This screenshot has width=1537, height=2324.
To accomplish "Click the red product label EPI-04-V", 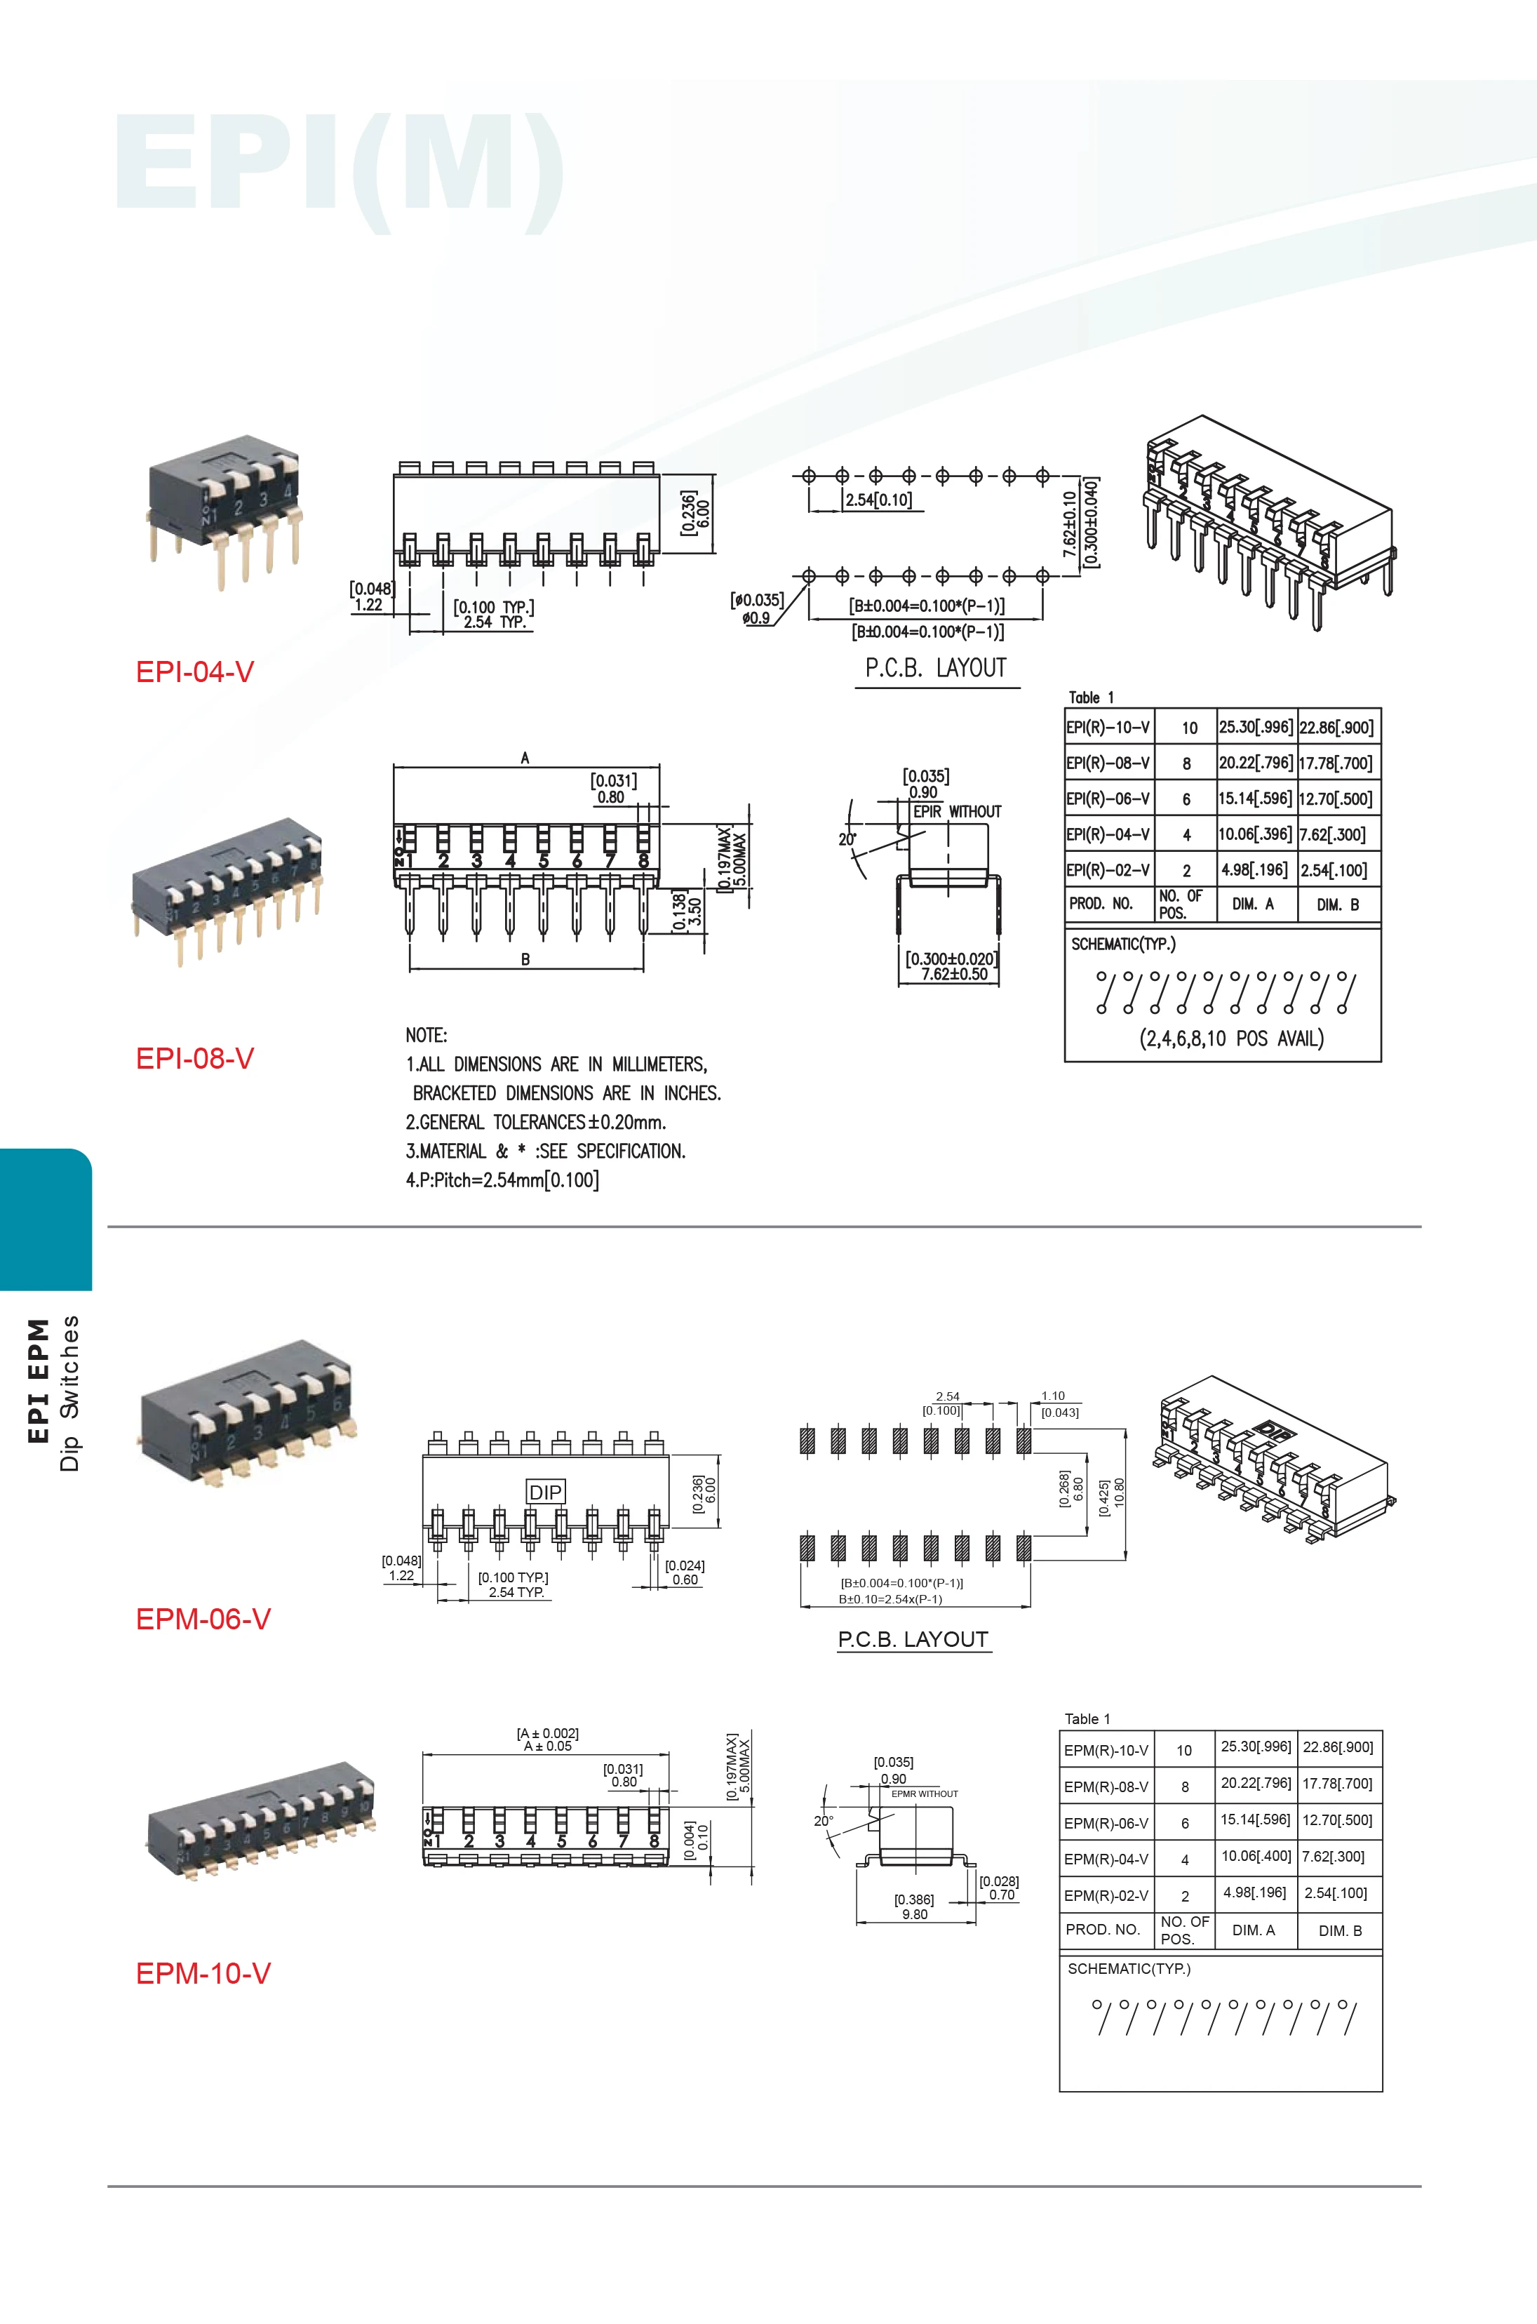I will (x=195, y=672).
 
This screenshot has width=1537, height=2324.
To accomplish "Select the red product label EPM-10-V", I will (x=203, y=1973).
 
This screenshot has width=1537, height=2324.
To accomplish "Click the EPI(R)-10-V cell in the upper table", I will (x=1108, y=727).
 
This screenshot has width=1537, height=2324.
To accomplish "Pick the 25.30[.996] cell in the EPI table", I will (x=1256, y=727).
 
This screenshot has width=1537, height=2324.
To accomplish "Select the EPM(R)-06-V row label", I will (x=1106, y=1823).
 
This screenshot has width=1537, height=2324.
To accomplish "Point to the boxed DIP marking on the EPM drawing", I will (x=545, y=1492).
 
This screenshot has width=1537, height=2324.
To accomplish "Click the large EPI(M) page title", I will (x=339, y=166).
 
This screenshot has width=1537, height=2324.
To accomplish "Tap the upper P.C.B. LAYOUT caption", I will (x=935, y=669).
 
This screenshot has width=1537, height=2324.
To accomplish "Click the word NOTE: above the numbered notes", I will (x=427, y=1035).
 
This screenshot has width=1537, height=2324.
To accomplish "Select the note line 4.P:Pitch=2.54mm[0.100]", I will (x=502, y=1180).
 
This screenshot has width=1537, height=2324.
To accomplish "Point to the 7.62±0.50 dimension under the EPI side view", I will (x=954, y=974).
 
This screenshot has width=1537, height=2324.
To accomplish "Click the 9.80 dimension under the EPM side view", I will (x=915, y=1914).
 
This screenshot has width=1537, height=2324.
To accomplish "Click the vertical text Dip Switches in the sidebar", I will (x=69, y=1393).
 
